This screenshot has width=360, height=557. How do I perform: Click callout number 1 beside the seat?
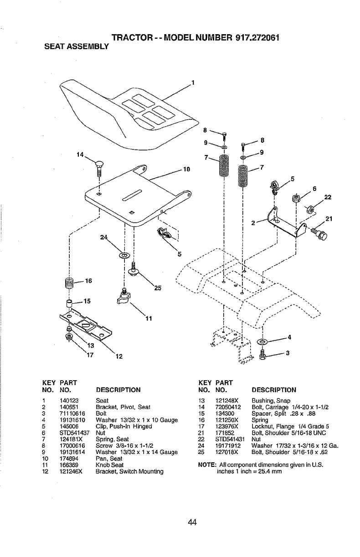click(x=193, y=83)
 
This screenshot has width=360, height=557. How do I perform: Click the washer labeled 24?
click(x=124, y=255)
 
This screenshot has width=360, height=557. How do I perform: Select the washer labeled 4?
click(x=263, y=341)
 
